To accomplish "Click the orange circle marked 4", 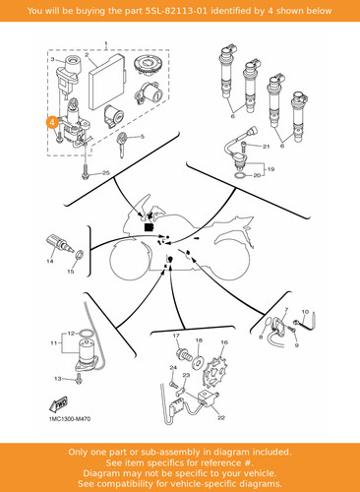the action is (x=52, y=122).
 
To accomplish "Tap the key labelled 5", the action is (x=122, y=145).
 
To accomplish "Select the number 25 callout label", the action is (x=106, y=173).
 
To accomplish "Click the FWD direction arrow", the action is (x=59, y=404).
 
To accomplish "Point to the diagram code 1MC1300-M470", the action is (x=70, y=419).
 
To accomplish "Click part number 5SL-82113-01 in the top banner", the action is (x=176, y=11).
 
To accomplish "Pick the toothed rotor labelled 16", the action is (x=214, y=375).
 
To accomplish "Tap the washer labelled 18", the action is (x=199, y=361).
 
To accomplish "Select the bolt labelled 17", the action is (x=184, y=355).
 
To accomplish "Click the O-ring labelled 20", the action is (x=240, y=176).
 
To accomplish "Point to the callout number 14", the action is (x=50, y=262).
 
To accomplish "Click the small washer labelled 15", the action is (x=80, y=255).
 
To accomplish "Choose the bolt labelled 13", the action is (x=79, y=379).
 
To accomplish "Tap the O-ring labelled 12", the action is (x=87, y=334).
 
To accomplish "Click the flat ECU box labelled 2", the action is (x=107, y=82).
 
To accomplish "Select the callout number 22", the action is (x=221, y=417).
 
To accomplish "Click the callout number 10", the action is (x=305, y=312).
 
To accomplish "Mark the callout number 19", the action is (x=270, y=169).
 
